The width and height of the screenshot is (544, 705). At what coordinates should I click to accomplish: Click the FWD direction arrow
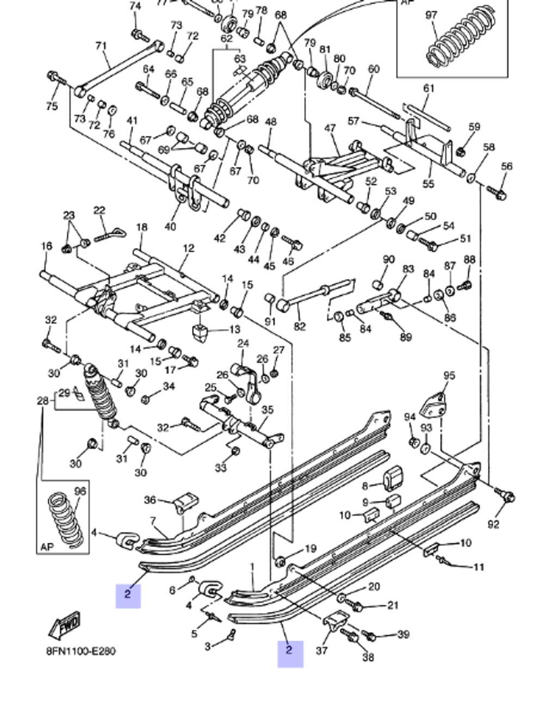(x=64, y=625)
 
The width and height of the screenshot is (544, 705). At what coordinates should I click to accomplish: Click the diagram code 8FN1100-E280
(x=81, y=651)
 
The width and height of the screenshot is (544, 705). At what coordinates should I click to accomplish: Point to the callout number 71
(x=101, y=46)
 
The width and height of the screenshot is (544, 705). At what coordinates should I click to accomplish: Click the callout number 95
(x=449, y=375)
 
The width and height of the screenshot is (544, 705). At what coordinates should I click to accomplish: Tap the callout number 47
(x=330, y=128)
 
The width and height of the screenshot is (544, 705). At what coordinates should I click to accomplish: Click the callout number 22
(x=99, y=211)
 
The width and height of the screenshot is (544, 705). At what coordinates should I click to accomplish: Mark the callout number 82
(x=300, y=326)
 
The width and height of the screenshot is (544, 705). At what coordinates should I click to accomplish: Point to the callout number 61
(x=429, y=88)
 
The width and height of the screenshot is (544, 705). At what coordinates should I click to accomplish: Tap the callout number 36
(x=150, y=499)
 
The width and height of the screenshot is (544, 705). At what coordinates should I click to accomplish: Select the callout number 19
(x=310, y=548)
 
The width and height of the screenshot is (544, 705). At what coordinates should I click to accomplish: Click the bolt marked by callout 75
(x=55, y=77)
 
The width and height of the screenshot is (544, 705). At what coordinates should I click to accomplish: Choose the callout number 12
(x=188, y=248)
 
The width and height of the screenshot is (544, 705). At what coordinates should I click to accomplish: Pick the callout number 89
(x=406, y=337)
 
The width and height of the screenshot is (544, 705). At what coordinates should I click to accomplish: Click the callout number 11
(x=479, y=567)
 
